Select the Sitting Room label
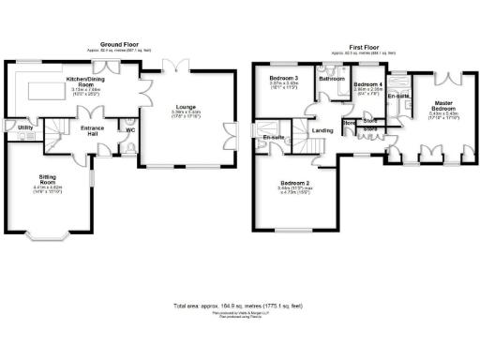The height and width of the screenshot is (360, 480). [47, 176]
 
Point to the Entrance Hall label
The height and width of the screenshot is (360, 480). [92, 128]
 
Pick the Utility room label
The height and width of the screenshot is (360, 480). [25, 127]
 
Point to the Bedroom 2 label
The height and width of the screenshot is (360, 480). [290, 184]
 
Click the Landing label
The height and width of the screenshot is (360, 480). [322, 130]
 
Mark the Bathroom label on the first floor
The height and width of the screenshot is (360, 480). [331, 80]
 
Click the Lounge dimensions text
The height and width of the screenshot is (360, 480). [186, 114]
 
